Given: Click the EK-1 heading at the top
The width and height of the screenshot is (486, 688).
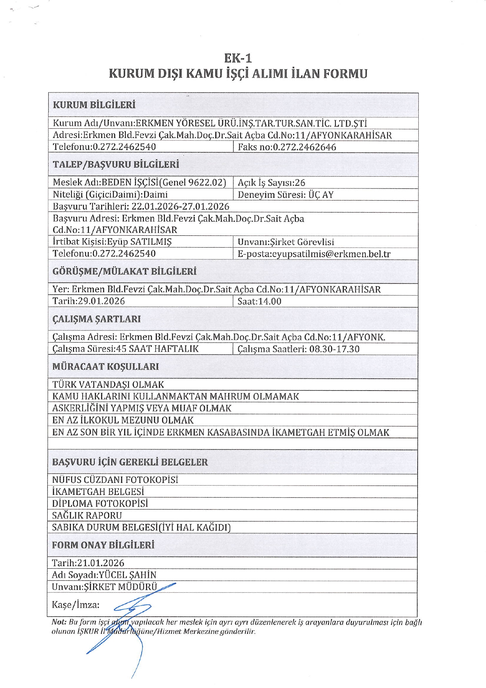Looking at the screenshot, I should click(238, 58).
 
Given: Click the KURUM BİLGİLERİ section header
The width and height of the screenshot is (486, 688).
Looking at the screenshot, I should click(94, 105).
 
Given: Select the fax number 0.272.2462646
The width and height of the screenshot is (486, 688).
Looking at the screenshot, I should click(305, 147).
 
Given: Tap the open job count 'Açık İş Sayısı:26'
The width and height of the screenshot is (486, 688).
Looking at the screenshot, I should click(271, 183).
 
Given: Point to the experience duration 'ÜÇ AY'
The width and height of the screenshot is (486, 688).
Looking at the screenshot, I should click(321, 195).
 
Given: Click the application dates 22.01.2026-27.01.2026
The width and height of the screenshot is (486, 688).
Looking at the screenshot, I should click(180, 206).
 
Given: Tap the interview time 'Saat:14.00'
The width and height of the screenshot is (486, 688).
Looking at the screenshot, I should click(259, 301).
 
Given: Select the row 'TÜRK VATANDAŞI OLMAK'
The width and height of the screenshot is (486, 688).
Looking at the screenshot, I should click(108, 384).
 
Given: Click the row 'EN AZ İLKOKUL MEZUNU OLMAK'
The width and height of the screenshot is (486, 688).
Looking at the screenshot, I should click(123, 420).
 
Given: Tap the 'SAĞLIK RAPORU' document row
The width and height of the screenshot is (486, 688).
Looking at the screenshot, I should click(87, 515).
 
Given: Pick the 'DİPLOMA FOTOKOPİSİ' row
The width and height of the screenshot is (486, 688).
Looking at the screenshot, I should click(100, 503).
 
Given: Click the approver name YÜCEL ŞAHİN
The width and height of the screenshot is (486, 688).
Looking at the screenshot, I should click(128, 575).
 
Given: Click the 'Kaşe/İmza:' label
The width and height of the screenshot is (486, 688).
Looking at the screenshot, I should click(76, 605).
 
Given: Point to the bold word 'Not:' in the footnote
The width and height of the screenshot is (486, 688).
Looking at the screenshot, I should click(59, 622).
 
